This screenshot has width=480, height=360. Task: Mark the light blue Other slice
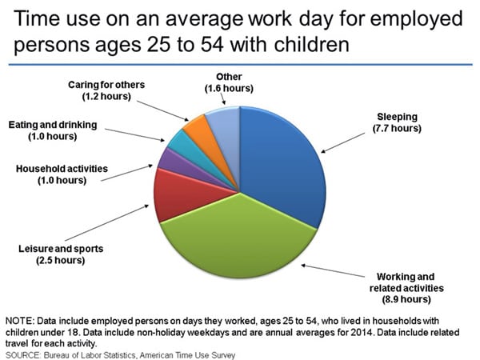click(226, 129)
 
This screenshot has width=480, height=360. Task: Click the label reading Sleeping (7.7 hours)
click(397, 122)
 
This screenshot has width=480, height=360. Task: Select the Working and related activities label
click(406, 288)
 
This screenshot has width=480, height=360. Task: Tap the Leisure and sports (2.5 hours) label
click(61, 254)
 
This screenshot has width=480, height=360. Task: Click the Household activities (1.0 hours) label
click(62, 174)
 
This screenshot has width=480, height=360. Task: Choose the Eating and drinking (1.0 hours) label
click(53, 130)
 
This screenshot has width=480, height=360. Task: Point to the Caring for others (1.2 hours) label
click(106, 90)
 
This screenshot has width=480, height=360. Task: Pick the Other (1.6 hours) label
click(229, 82)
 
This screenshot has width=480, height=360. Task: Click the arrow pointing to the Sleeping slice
click(343, 142)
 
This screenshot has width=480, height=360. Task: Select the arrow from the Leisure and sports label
click(107, 223)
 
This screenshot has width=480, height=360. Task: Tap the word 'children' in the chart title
click(312, 44)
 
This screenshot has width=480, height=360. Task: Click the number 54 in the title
click(212, 45)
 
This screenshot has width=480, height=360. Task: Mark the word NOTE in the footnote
click(19, 321)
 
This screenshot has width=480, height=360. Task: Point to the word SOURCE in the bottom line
click(23, 355)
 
